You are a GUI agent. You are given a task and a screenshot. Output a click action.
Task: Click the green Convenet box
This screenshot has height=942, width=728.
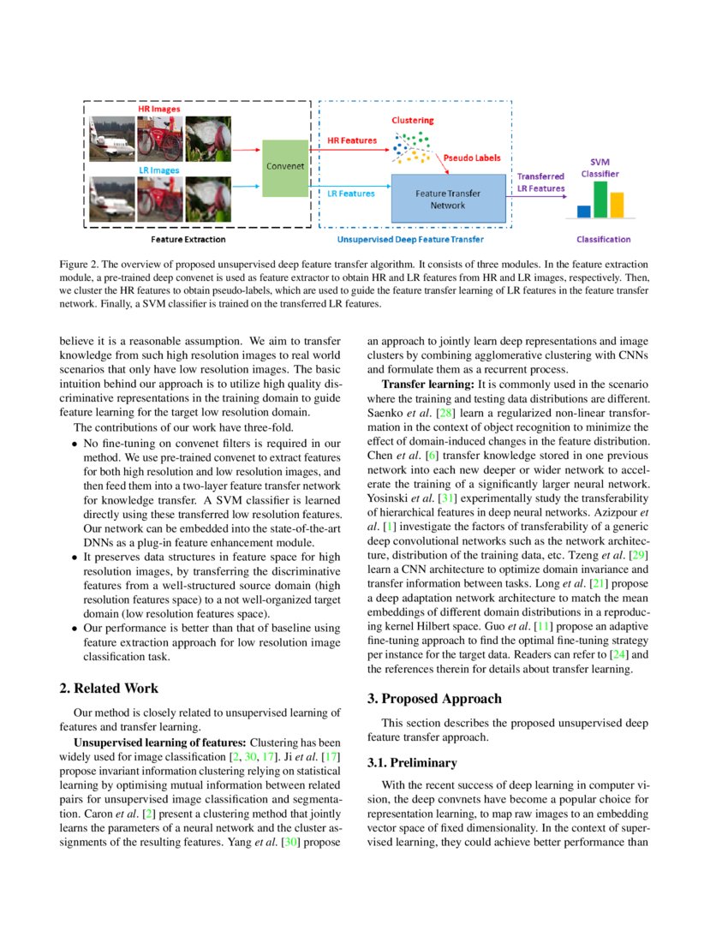click(283, 168)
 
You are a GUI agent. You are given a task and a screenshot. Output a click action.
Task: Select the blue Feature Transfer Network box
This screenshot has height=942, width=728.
click(447, 199)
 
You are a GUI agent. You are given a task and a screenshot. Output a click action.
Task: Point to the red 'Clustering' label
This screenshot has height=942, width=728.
click(413, 121)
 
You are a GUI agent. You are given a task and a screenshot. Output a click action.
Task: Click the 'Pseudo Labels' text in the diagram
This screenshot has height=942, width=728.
click(472, 158)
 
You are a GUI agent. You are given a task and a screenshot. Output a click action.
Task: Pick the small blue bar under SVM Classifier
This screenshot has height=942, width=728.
click(584, 211)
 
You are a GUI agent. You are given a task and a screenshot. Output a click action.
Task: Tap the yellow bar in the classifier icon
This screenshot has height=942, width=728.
click(617, 205)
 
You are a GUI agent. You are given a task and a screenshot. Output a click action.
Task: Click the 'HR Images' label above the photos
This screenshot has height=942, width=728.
click(160, 110)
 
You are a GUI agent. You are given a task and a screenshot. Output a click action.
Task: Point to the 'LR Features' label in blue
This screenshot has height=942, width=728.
click(351, 194)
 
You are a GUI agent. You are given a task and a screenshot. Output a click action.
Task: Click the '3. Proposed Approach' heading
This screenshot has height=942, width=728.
click(435, 699)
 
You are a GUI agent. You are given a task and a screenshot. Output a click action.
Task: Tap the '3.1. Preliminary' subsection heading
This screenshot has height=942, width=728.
click(412, 762)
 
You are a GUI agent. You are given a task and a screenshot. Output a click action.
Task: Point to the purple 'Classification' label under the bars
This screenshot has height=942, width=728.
click(604, 240)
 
